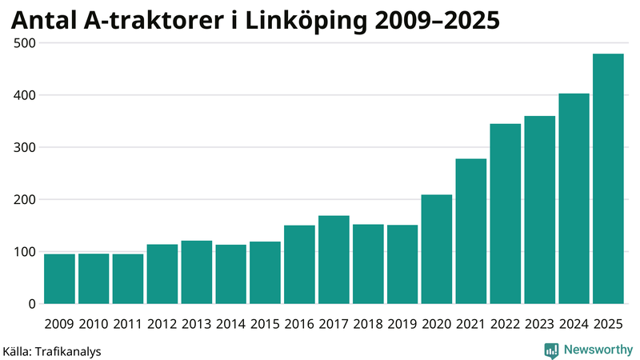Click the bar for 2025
click(608, 179)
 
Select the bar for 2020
click(437, 250)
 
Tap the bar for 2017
click(334, 260)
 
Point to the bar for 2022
click(505, 214)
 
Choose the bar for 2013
click(196, 273)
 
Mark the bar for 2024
click(574, 199)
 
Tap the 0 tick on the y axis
click(32, 304)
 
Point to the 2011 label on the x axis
click(128, 324)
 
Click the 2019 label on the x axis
click(402, 324)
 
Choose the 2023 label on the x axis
click(539, 324)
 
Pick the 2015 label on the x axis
click(265, 324)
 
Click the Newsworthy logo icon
click(551, 350)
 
